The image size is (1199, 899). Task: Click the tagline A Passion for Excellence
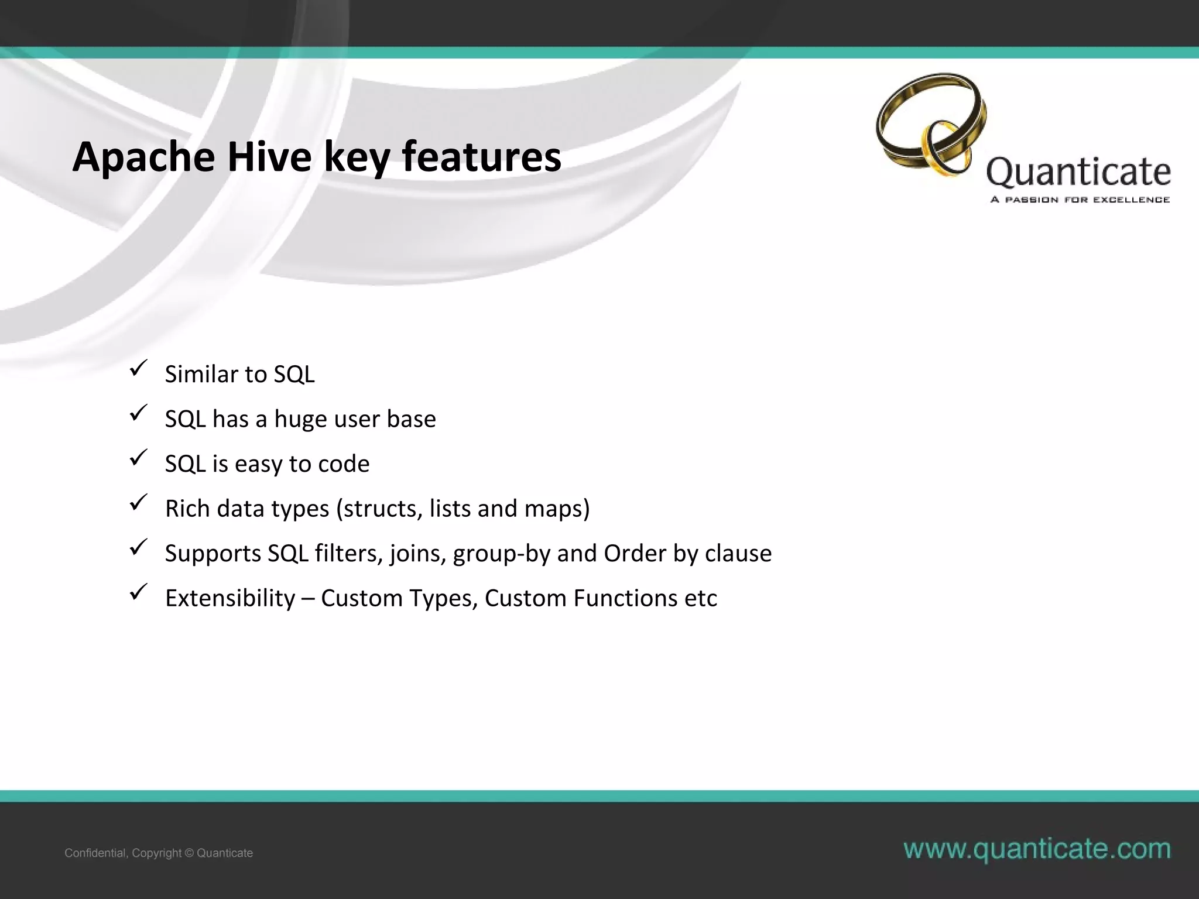click(x=1080, y=200)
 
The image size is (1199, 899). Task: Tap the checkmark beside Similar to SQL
click(x=138, y=369)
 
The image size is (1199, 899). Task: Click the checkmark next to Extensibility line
click(x=138, y=592)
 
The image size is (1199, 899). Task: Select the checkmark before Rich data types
click(x=138, y=503)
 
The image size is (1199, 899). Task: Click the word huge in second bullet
click(x=300, y=420)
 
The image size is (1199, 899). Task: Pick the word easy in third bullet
click(x=258, y=464)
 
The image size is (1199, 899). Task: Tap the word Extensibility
click(x=230, y=598)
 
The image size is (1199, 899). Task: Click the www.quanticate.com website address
click(x=1037, y=849)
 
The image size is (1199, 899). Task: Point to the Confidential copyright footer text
click(x=159, y=853)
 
